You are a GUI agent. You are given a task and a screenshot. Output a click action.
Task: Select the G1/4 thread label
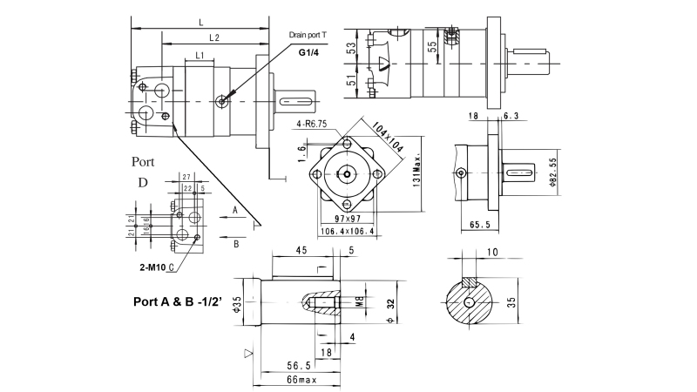(308, 53)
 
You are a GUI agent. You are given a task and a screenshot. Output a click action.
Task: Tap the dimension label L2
(214, 38)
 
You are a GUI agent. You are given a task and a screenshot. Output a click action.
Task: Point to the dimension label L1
(200, 56)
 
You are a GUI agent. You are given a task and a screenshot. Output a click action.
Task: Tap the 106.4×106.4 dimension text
(348, 232)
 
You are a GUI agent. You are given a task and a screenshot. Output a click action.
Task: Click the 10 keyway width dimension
(494, 252)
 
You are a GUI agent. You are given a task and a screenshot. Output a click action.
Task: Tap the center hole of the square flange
(348, 174)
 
